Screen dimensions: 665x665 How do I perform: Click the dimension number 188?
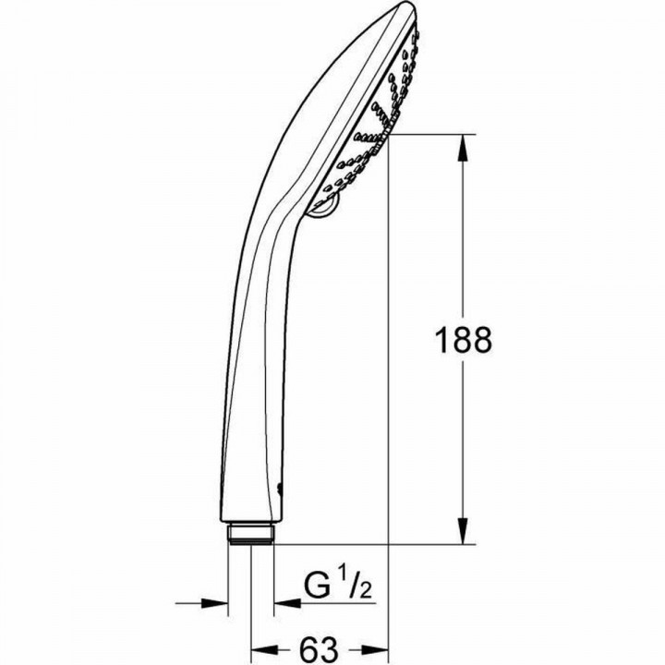pyautogui.click(x=463, y=340)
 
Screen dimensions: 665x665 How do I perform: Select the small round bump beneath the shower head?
pyautogui.click(x=319, y=214)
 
